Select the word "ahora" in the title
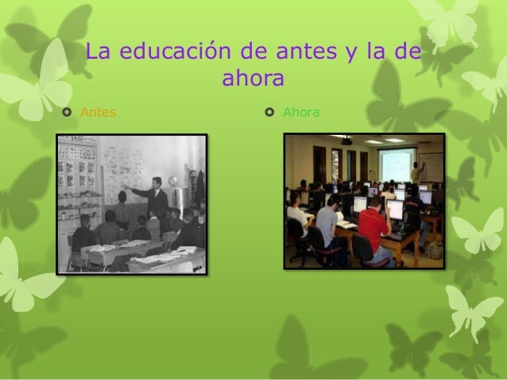(x=253, y=81)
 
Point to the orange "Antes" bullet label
(x=98, y=113)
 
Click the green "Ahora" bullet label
(x=301, y=113)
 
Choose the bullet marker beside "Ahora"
(x=270, y=113)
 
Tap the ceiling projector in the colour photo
(x=347, y=142)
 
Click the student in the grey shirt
(x=327, y=223)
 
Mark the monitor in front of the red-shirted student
(x=394, y=209)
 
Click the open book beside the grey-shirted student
(x=347, y=225)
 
